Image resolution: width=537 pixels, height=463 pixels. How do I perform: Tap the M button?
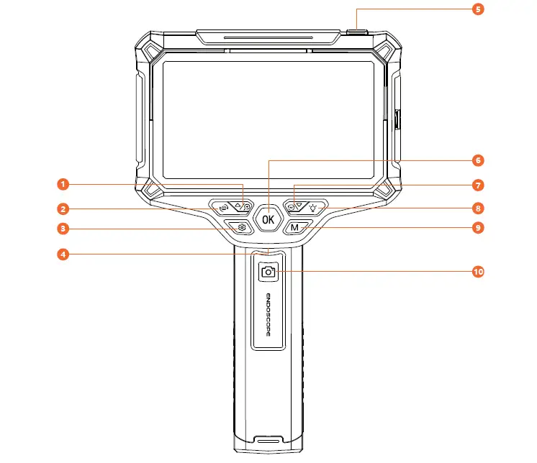coord(295,228)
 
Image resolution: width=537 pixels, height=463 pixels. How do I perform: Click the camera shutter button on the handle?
coord(268,272)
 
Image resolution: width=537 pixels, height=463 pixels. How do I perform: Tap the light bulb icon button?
coord(313,208)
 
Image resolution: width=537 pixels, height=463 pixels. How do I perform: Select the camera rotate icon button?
coord(223,208)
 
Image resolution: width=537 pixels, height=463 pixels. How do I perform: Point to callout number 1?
coord(63,185)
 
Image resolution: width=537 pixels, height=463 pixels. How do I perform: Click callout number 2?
coord(63,209)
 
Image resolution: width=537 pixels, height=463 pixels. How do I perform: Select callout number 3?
coord(63,229)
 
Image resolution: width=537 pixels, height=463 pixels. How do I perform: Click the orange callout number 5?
coord(477,9)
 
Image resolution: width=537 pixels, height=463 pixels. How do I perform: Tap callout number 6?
coord(477,160)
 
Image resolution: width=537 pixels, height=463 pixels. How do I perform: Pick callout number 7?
coord(477,185)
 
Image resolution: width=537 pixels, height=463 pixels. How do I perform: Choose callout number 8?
coord(477,208)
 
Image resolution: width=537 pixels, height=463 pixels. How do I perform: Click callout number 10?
coord(477,272)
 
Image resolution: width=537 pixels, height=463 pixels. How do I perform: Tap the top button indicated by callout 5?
coord(357,32)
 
